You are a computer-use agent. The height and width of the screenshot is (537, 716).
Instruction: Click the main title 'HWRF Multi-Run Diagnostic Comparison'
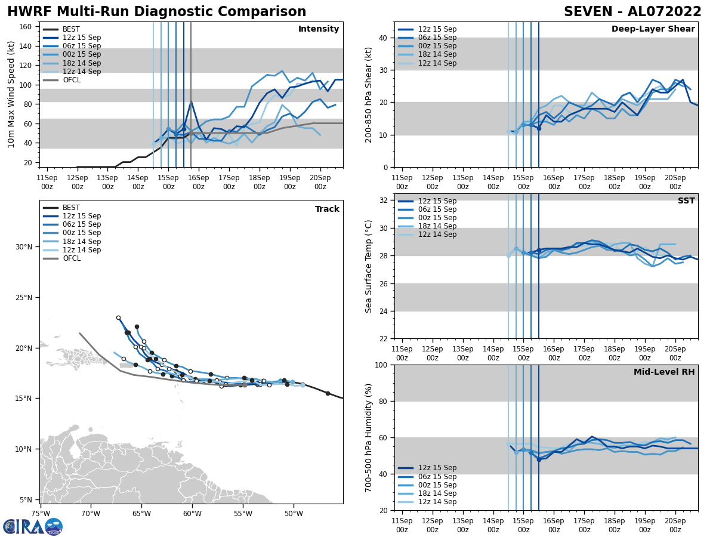pyautogui.click(x=156, y=12)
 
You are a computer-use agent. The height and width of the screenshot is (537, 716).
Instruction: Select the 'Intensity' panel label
pyautogui.click(x=319, y=29)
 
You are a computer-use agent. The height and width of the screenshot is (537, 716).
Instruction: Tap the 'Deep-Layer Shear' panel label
pyautogui.click(x=653, y=29)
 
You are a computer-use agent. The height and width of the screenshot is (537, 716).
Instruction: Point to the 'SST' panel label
pyautogui.click(x=686, y=201)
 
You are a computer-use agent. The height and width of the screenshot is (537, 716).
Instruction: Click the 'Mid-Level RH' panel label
pyautogui.click(x=664, y=372)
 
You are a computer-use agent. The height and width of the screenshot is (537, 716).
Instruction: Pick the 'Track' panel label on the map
pyautogui.click(x=327, y=209)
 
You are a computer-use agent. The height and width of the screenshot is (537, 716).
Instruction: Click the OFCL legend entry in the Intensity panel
pyautogui.click(x=72, y=80)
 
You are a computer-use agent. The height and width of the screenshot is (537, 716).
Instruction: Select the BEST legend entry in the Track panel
pyautogui.click(x=71, y=208)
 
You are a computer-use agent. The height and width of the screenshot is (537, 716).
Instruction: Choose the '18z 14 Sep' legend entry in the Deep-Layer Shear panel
pyautogui.click(x=438, y=54)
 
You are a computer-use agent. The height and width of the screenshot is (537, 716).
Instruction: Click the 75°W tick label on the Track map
pyautogui.click(x=41, y=513)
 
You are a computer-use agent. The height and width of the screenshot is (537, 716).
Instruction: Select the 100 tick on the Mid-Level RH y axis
pyautogui.click(x=381, y=365)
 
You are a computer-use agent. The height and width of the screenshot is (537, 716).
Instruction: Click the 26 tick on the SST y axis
pyautogui.click(x=384, y=283)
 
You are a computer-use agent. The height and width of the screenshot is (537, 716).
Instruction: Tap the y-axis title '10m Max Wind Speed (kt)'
pyautogui.click(x=11, y=94)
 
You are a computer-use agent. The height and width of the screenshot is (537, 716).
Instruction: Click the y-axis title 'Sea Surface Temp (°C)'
pyautogui.click(x=369, y=266)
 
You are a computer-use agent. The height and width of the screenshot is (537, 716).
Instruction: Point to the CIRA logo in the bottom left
pyautogui.click(x=33, y=526)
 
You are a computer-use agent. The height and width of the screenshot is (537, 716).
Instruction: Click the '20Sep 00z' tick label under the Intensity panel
pyautogui.click(x=320, y=181)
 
